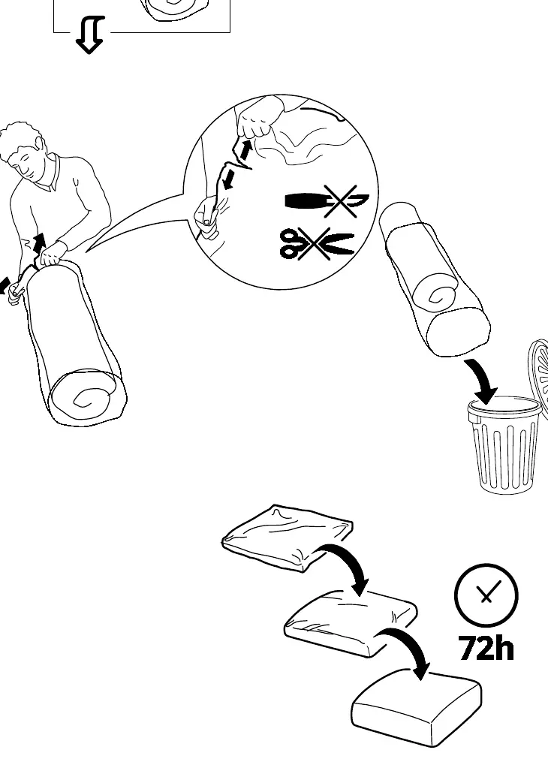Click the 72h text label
[486, 648]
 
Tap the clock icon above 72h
[486, 595]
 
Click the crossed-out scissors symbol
[317, 243]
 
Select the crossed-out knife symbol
[327, 200]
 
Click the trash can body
[504, 444]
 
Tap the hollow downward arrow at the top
[90, 35]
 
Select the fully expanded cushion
[416, 707]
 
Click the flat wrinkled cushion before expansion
[288, 538]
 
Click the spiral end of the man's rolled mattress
[86, 397]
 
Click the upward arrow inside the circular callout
[245, 150]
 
